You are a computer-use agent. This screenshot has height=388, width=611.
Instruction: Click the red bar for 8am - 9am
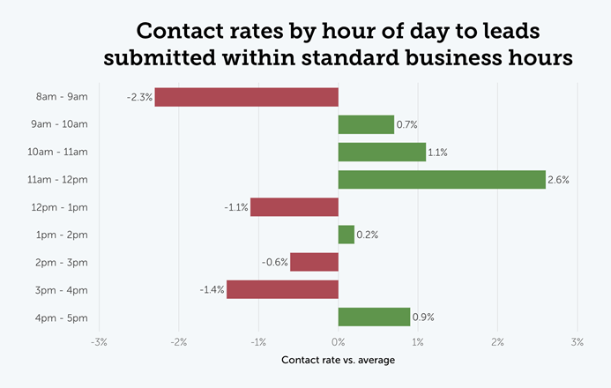pyautogui.click(x=246, y=97)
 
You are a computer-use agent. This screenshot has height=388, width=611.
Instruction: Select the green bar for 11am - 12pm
pyautogui.click(x=442, y=179)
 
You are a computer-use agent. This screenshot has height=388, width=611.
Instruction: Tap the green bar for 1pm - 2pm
pyautogui.click(x=346, y=235)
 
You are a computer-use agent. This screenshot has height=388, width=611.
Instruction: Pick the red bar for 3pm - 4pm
pyautogui.click(x=282, y=289)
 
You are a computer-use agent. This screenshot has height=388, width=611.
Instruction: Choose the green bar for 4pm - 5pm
pyautogui.click(x=375, y=317)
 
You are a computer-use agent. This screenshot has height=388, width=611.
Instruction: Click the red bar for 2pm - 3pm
pyautogui.click(x=314, y=262)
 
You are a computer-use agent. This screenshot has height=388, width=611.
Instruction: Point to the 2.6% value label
pyautogui.click(x=559, y=180)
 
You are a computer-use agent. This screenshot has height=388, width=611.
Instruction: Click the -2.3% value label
pyautogui.click(x=139, y=97)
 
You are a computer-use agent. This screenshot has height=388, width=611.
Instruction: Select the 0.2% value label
pyautogui.click(x=368, y=235)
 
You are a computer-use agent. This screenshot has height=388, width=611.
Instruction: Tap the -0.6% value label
pyautogui.click(x=274, y=262)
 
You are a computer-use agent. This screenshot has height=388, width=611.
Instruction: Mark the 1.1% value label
pyautogui.click(x=437, y=153)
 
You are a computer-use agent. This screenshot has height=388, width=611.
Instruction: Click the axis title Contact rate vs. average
pyautogui.click(x=338, y=361)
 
